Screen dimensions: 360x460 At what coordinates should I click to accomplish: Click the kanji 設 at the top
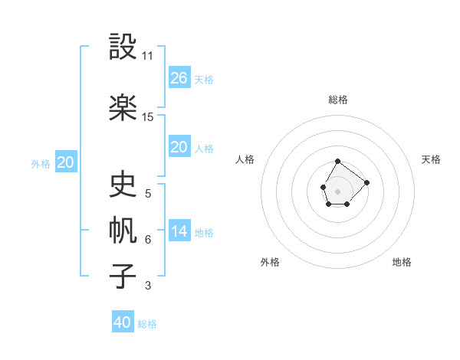tap(123, 47)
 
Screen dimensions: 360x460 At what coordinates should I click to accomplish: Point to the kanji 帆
tap(123, 231)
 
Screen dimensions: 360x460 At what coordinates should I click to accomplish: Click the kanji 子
tap(123, 276)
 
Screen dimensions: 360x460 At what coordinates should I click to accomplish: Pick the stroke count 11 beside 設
tap(148, 56)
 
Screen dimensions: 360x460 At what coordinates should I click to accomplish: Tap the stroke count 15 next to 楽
tap(148, 117)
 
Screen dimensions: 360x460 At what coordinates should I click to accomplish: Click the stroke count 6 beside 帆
tap(148, 240)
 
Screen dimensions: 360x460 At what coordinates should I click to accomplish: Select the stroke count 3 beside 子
tap(148, 286)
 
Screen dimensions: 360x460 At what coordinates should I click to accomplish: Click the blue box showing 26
tap(179, 78)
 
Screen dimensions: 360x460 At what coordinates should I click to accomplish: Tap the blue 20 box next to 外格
tap(66, 162)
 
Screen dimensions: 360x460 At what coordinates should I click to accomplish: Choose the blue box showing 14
tap(179, 231)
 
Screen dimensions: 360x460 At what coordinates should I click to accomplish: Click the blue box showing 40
tap(123, 322)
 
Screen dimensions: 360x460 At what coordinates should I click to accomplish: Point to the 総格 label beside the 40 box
tap(147, 324)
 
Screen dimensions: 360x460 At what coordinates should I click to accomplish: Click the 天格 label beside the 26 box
tap(204, 80)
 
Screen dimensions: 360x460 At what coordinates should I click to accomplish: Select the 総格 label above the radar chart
tap(338, 100)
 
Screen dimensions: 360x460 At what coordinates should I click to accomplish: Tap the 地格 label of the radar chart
tap(402, 262)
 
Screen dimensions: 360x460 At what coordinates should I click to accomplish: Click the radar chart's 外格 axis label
tap(270, 262)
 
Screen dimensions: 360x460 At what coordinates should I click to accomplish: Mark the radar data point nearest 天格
tap(366, 182)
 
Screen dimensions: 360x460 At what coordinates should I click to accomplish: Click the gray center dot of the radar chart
tap(337, 190)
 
